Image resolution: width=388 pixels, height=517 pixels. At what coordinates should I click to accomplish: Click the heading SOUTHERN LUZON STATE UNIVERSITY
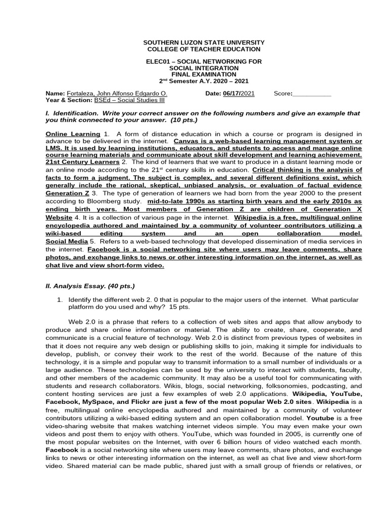204,42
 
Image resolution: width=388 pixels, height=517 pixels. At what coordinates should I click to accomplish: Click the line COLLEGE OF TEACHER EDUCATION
204,49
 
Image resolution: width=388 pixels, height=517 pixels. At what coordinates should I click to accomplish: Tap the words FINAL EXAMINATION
204,74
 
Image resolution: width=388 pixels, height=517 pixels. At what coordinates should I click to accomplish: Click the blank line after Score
312,94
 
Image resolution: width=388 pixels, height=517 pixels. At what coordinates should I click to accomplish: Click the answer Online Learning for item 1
73,134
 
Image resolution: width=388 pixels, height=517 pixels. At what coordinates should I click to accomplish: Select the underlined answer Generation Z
67,193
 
